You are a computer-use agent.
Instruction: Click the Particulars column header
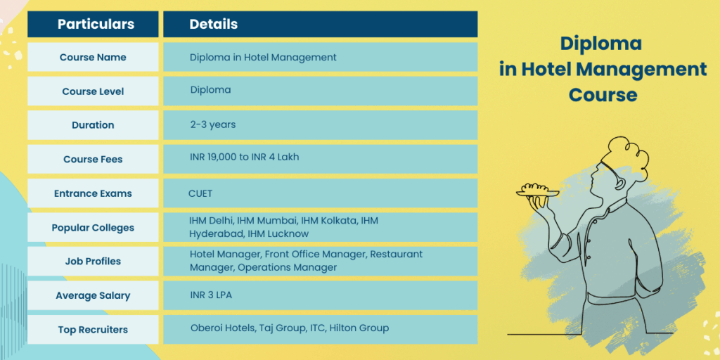click(96, 24)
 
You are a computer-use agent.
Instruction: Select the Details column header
click(213, 24)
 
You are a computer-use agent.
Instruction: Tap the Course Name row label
click(92, 57)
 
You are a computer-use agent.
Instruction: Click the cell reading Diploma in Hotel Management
click(263, 57)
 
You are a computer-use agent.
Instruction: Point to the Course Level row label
click(93, 91)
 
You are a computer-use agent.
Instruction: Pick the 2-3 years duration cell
click(212, 124)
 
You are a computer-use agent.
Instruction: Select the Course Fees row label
click(93, 160)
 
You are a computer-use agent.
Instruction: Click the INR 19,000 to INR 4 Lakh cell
click(244, 157)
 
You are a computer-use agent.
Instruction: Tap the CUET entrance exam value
click(200, 193)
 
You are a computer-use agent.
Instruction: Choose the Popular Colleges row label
click(93, 228)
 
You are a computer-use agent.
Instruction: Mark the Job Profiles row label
click(93, 261)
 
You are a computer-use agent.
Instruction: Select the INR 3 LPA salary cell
click(211, 295)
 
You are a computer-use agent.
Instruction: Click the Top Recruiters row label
click(93, 330)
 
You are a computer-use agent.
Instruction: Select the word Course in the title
click(603, 94)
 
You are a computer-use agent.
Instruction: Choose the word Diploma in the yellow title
click(601, 44)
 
